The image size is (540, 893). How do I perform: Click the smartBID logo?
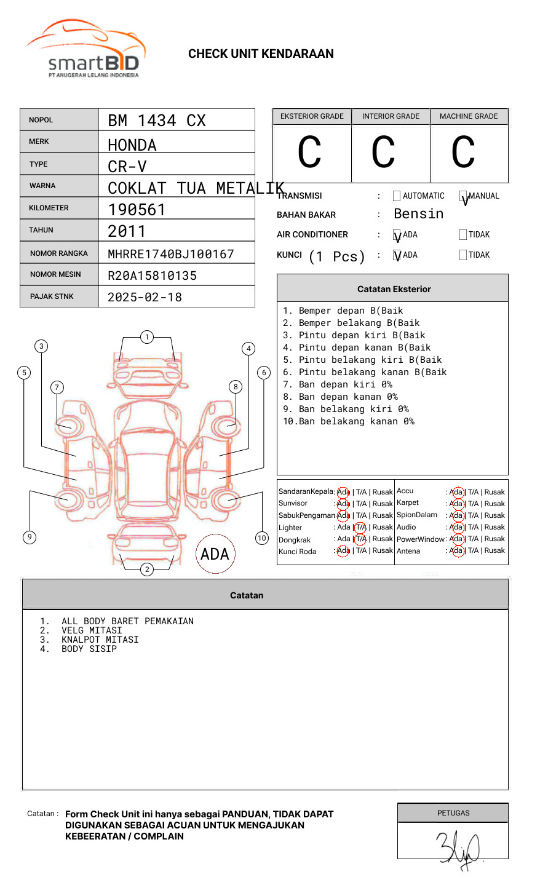pyautogui.click(x=86, y=49)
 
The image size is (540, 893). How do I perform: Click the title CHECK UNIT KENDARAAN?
pyautogui.click(x=261, y=54)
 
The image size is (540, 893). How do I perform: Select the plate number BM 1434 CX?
pyautogui.click(x=157, y=121)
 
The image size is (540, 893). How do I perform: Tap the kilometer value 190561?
pyautogui.click(x=137, y=210)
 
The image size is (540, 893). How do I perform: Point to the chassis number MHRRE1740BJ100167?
pyautogui.click(x=171, y=254)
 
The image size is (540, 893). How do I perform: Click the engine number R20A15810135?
pyautogui.click(x=152, y=276)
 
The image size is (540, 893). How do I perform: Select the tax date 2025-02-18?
pyautogui.click(x=145, y=297)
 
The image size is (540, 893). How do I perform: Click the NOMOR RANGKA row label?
pyautogui.click(x=59, y=253)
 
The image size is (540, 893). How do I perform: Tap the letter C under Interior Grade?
pyautogui.click(x=383, y=153)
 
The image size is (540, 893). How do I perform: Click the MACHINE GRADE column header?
pyautogui.click(x=469, y=116)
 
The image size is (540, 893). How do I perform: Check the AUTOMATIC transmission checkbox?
pyautogui.click(x=397, y=196)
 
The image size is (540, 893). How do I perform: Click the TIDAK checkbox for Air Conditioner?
pyautogui.click(x=463, y=235)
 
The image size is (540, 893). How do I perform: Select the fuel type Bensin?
pyautogui.click(x=418, y=214)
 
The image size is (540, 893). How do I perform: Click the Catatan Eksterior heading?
pyautogui.click(x=394, y=289)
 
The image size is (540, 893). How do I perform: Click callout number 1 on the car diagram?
pyautogui.click(x=146, y=337)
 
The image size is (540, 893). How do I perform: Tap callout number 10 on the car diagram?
pyautogui.click(x=262, y=538)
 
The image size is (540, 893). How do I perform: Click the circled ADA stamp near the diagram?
pyautogui.click(x=215, y=554)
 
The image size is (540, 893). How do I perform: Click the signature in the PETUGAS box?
pyautogui.click(x=458, y=849)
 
